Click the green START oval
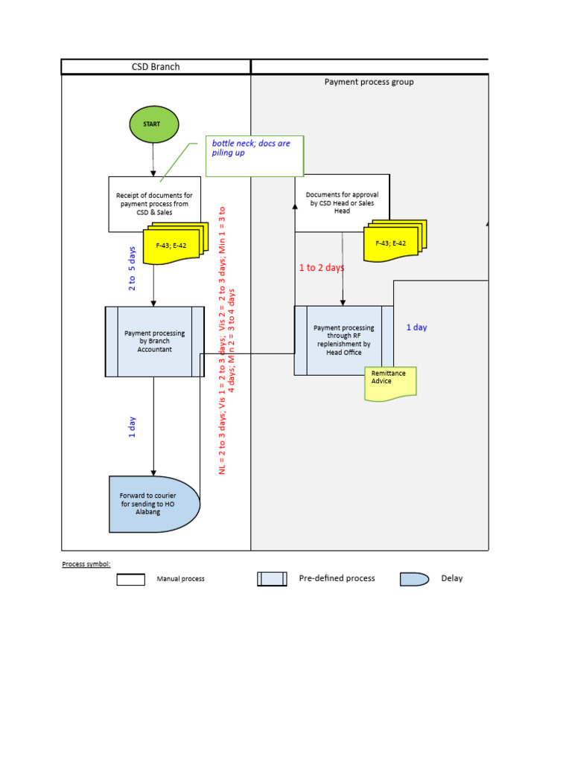coord(154,124)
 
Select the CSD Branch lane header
coord(156,67)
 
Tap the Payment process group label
coord(369,82)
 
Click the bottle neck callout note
coord(255,156)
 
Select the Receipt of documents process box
coord(154,203)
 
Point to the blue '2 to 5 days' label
coord(133,268)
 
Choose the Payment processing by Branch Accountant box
coord(154,342)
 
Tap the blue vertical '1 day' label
coord(133,428)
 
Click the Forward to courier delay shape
coord(153,504)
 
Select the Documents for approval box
coord(342,202)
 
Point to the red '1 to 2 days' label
coord(322,268)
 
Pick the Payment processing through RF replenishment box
coord(343,340)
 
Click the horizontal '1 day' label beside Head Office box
coord(416,327)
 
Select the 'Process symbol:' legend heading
coord(86,564)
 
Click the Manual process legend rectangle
coord(130,579)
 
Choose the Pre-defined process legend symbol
coord(272,579)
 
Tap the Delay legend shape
coord(414,579)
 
